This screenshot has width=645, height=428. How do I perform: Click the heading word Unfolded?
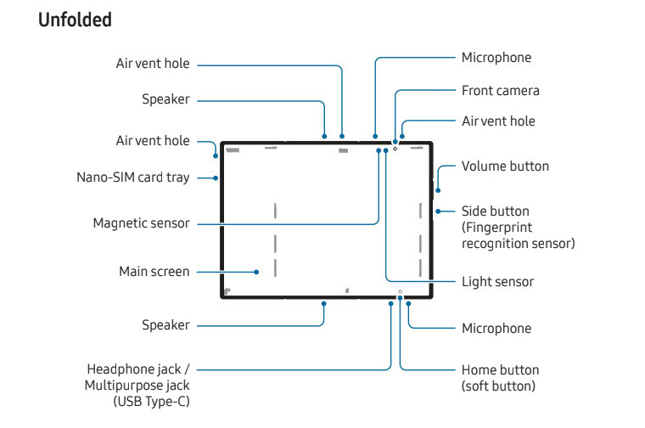point(75,20)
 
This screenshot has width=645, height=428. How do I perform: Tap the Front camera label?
point(500,90)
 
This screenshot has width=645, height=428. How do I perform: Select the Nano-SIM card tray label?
point(132,177)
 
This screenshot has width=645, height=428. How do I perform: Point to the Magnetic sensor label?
point(141,223)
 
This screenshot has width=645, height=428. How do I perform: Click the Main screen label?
point(154,272)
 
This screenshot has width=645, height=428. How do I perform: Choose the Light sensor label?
point(497,281)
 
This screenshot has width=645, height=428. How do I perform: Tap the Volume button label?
point(505,166)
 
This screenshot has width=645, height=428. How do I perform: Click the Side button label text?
point(495,211)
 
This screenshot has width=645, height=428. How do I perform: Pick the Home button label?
point(500,370)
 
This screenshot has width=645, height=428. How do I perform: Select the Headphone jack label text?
point(138,370)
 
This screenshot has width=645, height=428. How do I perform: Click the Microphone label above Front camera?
point(496,58)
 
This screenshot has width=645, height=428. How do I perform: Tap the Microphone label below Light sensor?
point(496,328)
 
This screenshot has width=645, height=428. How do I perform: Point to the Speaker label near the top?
point(165,99)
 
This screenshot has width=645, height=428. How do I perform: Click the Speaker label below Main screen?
point(165,325)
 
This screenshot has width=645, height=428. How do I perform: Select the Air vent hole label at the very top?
point(153,64)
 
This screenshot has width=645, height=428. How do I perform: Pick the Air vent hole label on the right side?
point(498,121)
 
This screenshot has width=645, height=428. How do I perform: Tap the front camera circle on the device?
point(395,149)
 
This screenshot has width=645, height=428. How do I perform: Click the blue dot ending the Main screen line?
point(256,272)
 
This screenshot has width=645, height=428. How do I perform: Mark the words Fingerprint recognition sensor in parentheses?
point(518,235)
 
